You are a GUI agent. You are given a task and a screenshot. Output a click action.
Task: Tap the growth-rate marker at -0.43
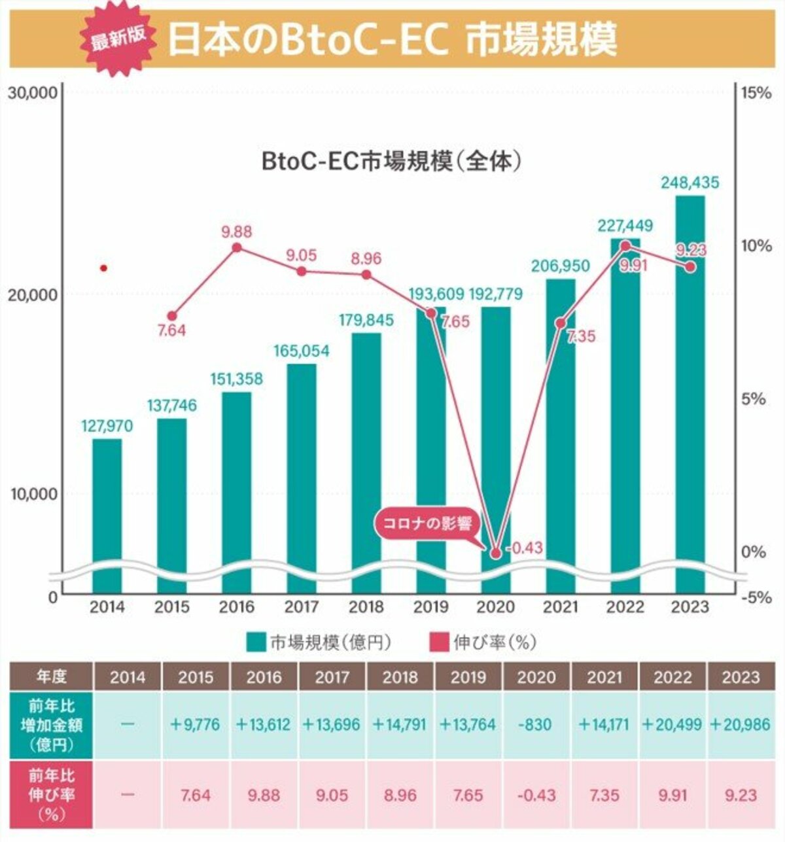(496, 553)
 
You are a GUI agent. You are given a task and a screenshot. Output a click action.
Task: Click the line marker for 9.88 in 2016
(237, 247)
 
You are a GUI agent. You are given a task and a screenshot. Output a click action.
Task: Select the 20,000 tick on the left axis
(32, 294)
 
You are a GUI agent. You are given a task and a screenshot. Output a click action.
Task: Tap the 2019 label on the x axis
(431, 608)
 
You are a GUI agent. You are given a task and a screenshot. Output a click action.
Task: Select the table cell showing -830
(536, 725)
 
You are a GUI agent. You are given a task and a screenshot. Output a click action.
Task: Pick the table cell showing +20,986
(741, 725)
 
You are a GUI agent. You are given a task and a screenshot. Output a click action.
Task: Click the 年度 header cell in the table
(51, 676)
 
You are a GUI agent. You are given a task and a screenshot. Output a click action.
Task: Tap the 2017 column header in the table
(332, 676)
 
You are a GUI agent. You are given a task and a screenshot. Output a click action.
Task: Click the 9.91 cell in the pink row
(672, 795)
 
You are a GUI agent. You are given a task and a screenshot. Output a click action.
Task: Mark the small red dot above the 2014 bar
(103, 268)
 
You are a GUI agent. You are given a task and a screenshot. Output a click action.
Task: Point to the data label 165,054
(302, 351)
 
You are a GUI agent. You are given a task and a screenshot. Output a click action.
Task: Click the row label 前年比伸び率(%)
(51, 795)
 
